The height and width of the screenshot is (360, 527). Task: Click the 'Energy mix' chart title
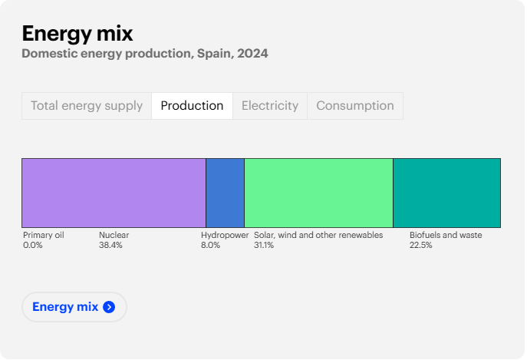[x=77, y=33]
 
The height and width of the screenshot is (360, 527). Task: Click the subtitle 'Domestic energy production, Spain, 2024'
[x=145, y=54]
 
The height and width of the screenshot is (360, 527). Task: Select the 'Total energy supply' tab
[x=87, y=106]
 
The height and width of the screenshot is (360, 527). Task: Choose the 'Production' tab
[x=192, y=106]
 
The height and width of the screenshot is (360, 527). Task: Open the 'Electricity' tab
[x=269, y=106]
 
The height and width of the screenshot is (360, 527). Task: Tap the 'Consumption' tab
[x=355, y=106]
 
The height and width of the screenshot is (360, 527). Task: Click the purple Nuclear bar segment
[x=114, y=193]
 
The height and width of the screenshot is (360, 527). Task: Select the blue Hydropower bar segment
[x=225, y=193]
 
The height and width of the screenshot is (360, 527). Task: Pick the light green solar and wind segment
[x=318, y=193]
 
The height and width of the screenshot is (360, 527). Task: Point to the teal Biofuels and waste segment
[x=446, y=193]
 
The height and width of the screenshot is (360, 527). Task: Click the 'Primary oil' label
[x=44, y=236]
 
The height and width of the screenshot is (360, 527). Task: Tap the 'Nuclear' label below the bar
[x=114, y=236]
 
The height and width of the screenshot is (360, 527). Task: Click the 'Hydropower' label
[x=225, y=236]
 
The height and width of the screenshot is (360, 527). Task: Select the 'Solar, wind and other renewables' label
[x=318, y=236]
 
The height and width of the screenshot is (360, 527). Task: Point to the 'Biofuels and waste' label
[x=446, y=236]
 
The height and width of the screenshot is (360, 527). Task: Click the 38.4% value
[x=110, y=246]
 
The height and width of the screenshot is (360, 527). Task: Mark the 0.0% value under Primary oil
[x=33, y=246]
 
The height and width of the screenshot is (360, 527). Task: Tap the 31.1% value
[x=264, y=246]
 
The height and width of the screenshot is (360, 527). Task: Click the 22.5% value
[x=420, y=246]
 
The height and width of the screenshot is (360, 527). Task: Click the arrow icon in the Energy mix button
[x=109, y=307]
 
